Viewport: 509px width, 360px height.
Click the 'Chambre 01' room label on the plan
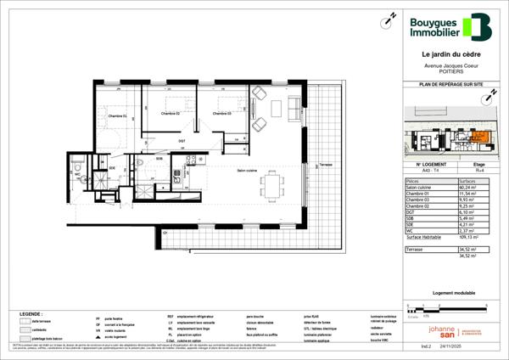pos(116,115)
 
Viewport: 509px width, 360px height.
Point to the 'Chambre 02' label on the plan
pos(171,114)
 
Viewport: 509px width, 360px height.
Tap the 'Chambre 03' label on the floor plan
pos(222,114)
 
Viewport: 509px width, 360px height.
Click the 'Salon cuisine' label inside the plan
pos(248,169)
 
